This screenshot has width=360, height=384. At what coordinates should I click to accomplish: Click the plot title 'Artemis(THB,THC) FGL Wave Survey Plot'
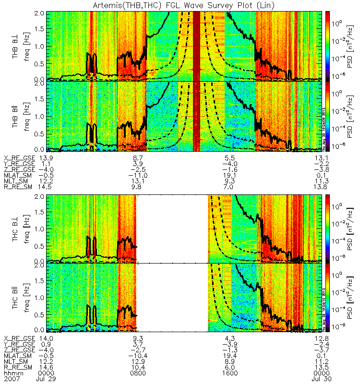coord(180,5)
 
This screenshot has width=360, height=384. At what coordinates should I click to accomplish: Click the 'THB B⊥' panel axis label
coord(16,46)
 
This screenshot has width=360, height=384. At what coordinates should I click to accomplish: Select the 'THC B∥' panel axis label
coord(16,298)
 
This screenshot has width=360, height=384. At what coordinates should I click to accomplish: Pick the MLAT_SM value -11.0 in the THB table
coord(137,177)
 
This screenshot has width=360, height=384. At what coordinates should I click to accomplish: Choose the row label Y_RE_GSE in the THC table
coord(18,345)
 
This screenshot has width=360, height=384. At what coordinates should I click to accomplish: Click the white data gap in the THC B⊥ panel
coord(172,228)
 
